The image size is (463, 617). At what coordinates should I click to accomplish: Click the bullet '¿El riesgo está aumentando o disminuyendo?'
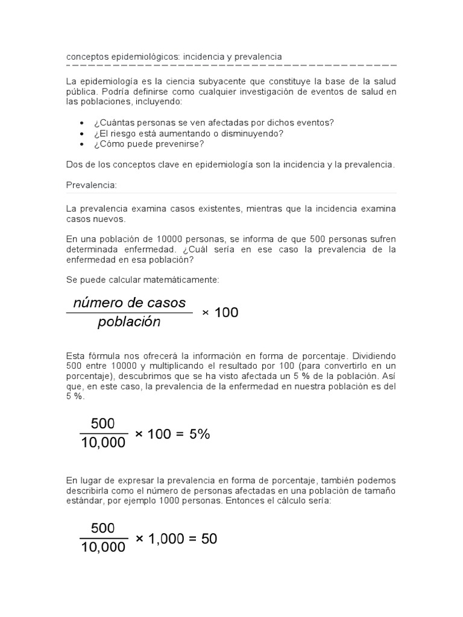188,133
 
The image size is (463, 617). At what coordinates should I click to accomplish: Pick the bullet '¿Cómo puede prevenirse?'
148,144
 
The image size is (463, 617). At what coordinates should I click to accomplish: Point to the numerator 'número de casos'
130,302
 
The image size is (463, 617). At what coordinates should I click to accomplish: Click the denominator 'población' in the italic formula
129,322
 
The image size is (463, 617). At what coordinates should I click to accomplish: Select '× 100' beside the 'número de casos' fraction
220,313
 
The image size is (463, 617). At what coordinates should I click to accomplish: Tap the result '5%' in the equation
199,434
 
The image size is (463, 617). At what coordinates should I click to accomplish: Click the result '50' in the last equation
209,539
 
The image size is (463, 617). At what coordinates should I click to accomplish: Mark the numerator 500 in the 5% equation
102,424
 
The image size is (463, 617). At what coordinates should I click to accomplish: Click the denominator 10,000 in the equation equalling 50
102,547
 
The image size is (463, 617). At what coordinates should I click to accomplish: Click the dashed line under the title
231,65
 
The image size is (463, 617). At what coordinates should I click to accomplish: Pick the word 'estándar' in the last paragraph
83,501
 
